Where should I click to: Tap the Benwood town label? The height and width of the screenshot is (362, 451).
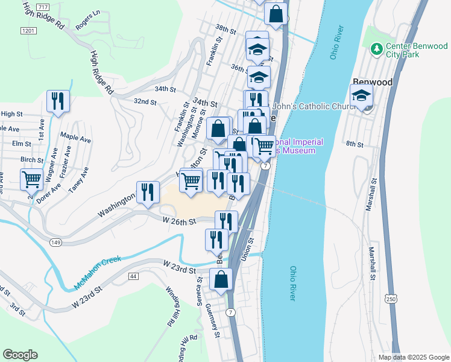click(x=372, y=82)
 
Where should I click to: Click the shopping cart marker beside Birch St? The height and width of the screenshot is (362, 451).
click(x=32, y=179)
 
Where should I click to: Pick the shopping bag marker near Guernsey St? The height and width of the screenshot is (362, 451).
click(x=221, y=279)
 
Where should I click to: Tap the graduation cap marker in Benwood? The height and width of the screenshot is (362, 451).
click(x=362, y=95)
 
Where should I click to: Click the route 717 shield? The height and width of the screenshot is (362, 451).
click(x=43, y=6)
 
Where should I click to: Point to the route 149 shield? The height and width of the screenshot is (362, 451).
click(x=55, y=242)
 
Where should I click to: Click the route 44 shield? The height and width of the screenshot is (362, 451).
click(x=133, y=276)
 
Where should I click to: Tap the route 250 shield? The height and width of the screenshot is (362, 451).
click(x=391, y=299)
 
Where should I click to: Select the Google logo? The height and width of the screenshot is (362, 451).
click(x=20, y=355)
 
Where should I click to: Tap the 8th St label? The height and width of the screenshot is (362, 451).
click(x=355, y=144)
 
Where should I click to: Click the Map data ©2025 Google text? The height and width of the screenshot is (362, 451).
click(x=413, y=357)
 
